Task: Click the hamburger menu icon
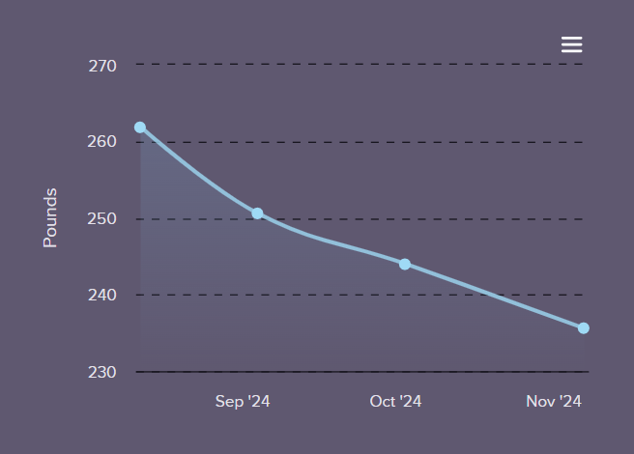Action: pos(571,44)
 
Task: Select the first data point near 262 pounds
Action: pos(140,128)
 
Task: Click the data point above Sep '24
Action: pos(257,213)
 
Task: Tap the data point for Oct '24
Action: pos(405,264)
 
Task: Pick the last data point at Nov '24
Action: pos(584,328)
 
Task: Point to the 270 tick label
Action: pos(101,66)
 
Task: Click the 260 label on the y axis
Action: pos(101,142)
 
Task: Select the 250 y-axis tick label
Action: pos(101,218)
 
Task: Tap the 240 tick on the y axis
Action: pos(101,295)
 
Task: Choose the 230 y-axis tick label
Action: pos(101,372)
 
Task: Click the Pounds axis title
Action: pos(50,218)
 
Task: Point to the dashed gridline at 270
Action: pos(367,65)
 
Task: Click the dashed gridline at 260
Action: pos(387,142)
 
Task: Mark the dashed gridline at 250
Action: pos(435,218)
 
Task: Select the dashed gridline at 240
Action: pos(290,295)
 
